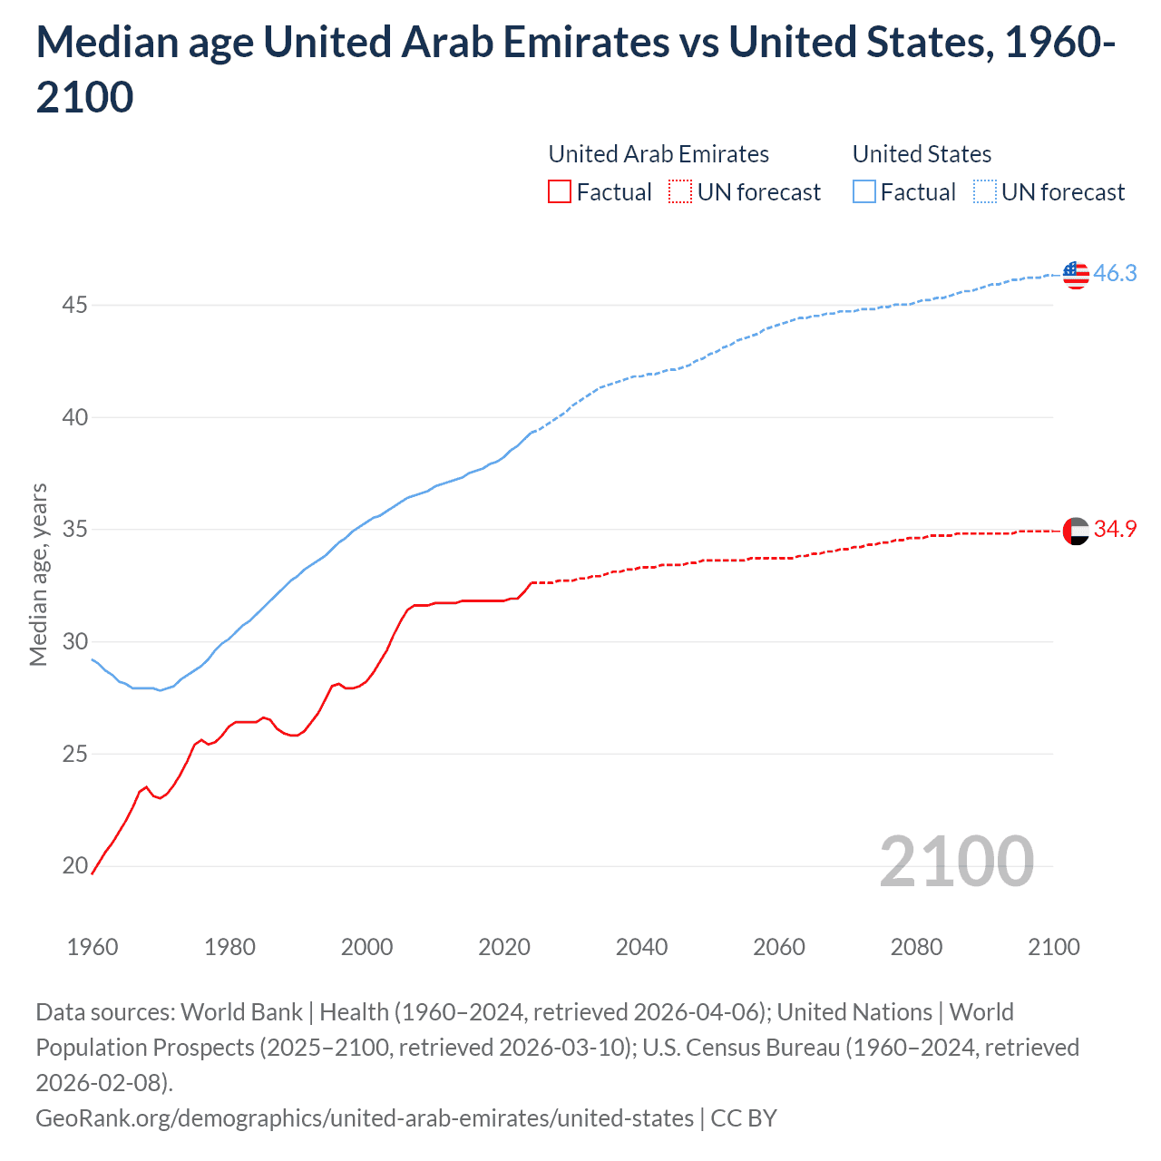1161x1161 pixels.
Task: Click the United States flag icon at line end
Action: point(1076,274)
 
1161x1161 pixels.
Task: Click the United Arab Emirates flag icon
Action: point(1076,531)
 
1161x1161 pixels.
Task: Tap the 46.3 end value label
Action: point(1115,273)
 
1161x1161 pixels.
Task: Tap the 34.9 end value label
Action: point(1115,529)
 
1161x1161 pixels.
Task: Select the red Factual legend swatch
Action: point(560,192)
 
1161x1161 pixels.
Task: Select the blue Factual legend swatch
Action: point(863,192)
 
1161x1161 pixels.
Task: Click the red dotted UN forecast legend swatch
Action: point(680,192)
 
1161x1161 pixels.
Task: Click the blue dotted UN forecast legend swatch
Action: point(984,192)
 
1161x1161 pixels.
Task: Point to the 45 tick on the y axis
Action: point(74,305)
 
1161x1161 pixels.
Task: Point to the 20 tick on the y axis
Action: point(74,866)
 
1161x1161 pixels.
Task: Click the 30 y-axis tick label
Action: point(74,641)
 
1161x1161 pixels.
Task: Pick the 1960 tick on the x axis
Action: point(93,947)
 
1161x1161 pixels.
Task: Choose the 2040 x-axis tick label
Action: point(641,947)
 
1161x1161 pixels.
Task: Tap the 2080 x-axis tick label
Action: point(916,947)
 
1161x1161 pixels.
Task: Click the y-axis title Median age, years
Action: point(38,575)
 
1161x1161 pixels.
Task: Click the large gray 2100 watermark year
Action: point(956,862)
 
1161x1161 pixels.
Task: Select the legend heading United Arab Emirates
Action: point(659,154)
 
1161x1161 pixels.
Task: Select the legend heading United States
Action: point(922,154)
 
